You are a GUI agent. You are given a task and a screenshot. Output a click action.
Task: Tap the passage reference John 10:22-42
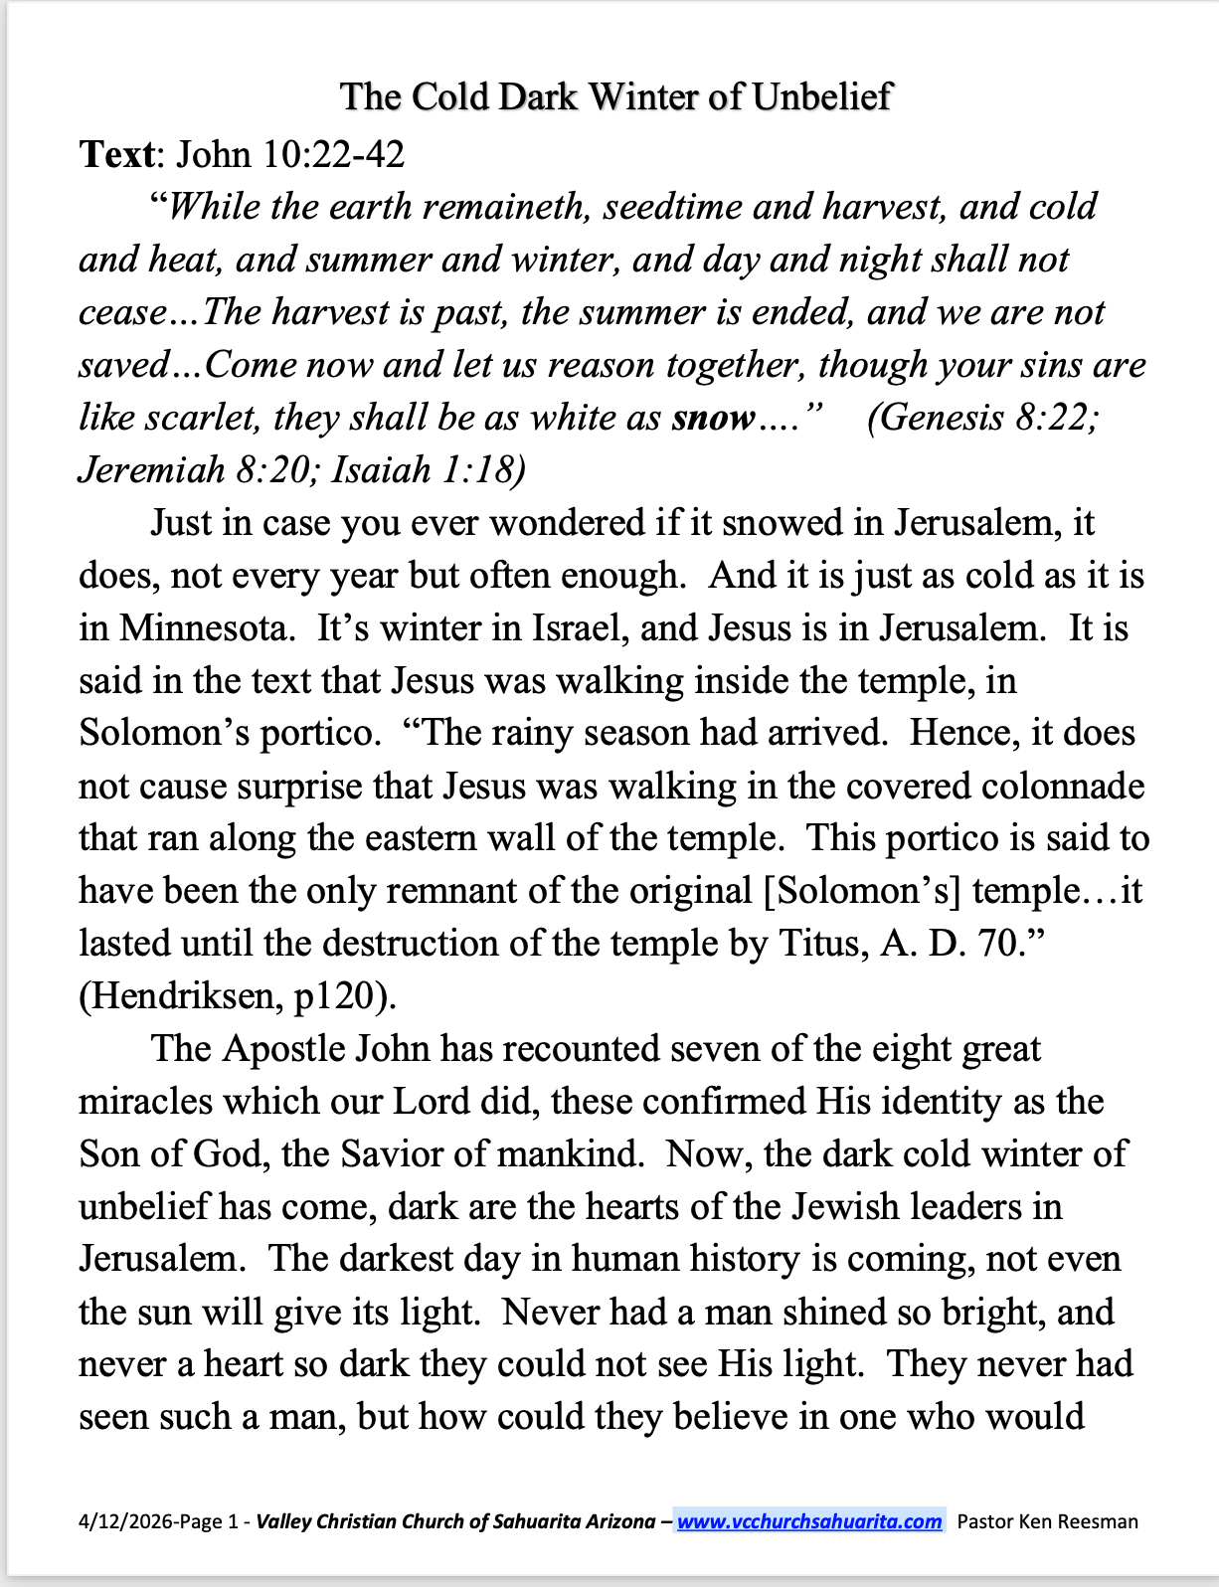pyautogui.click(x=290, y=154)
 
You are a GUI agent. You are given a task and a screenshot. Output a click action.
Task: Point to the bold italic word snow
pyautogui.click(x=713, y=418)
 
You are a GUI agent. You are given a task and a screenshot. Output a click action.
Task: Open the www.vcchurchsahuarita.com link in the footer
pyautogui.click(x=809, y=1521)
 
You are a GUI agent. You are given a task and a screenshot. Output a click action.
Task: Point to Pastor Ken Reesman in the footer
pyautogui.click(x=1047, y=1521)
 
